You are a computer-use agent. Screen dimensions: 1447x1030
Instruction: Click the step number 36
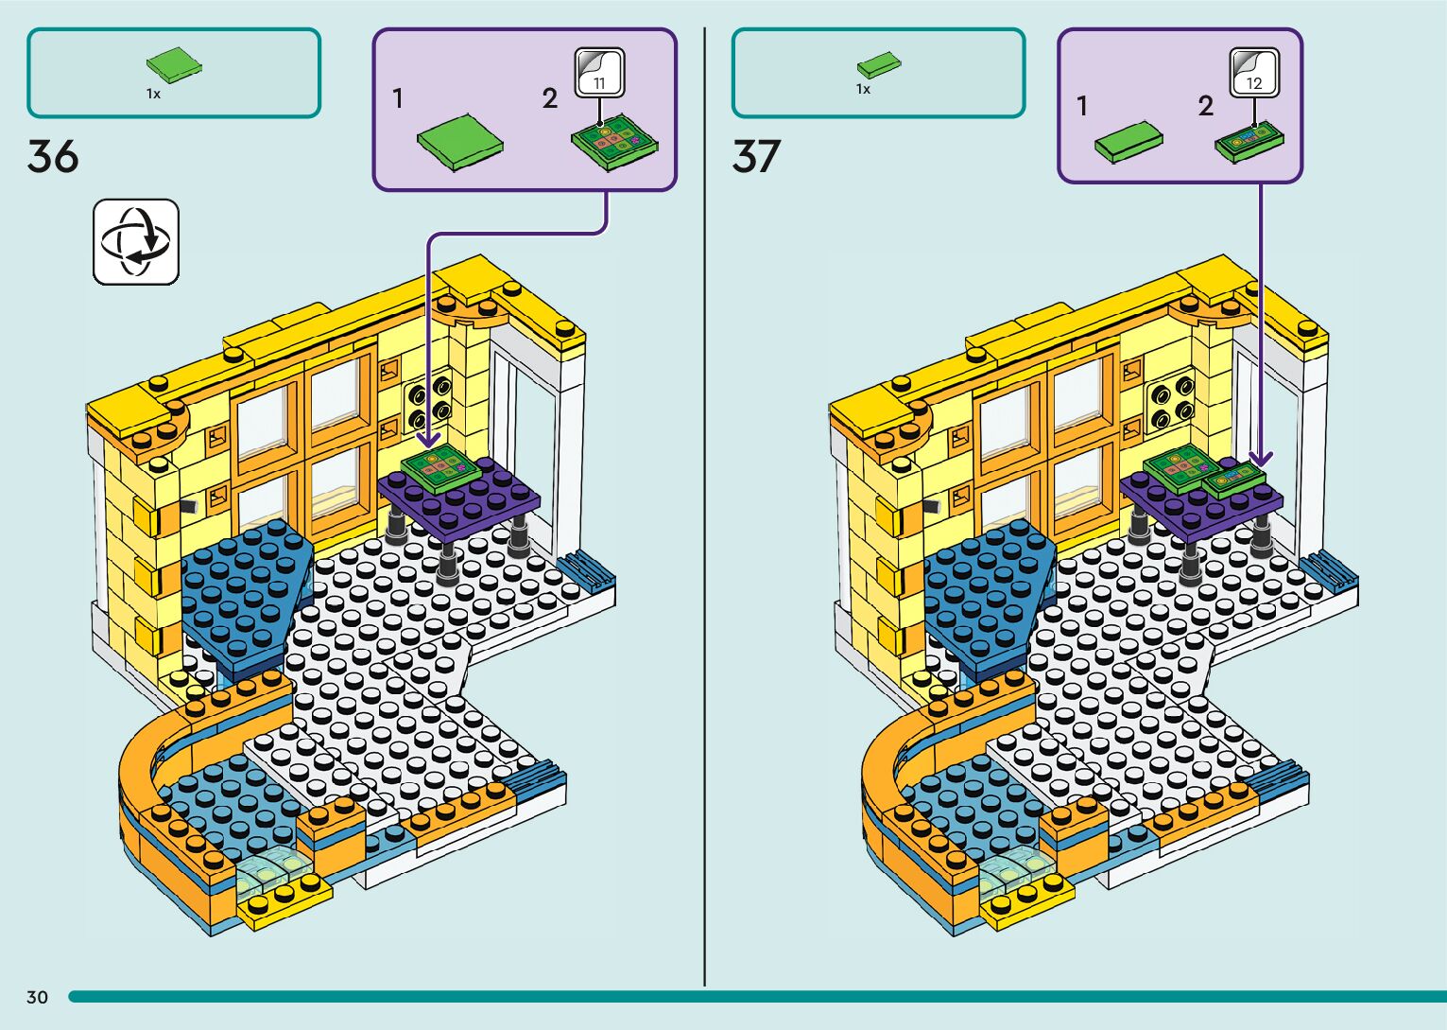click(53, 156)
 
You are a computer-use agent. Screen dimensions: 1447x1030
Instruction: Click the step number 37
click(756, 156)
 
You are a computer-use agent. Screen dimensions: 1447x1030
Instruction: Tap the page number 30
click(37, 997)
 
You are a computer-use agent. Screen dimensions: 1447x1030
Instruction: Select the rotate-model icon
click(136, 241)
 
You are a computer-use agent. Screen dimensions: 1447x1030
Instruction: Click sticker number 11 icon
click(600, 73)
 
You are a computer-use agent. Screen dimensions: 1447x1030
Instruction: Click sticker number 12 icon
click(1254, 73)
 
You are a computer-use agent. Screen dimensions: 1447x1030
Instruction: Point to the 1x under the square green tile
click(153, 94)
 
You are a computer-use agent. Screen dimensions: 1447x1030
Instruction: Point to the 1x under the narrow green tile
click(863, 89)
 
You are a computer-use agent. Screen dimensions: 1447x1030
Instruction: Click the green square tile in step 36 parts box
click(174, 65)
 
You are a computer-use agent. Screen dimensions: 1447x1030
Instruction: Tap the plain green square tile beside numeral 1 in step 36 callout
click(460, 142)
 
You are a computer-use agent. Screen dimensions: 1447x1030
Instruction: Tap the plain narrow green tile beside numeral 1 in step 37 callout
click(1128, 143)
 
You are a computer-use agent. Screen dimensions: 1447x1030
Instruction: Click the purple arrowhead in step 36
click(428, 441)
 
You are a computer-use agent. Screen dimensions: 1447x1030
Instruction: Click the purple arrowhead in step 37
click(1260, 458)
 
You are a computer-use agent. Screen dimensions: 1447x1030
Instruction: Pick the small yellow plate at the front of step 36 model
click(284, 899)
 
